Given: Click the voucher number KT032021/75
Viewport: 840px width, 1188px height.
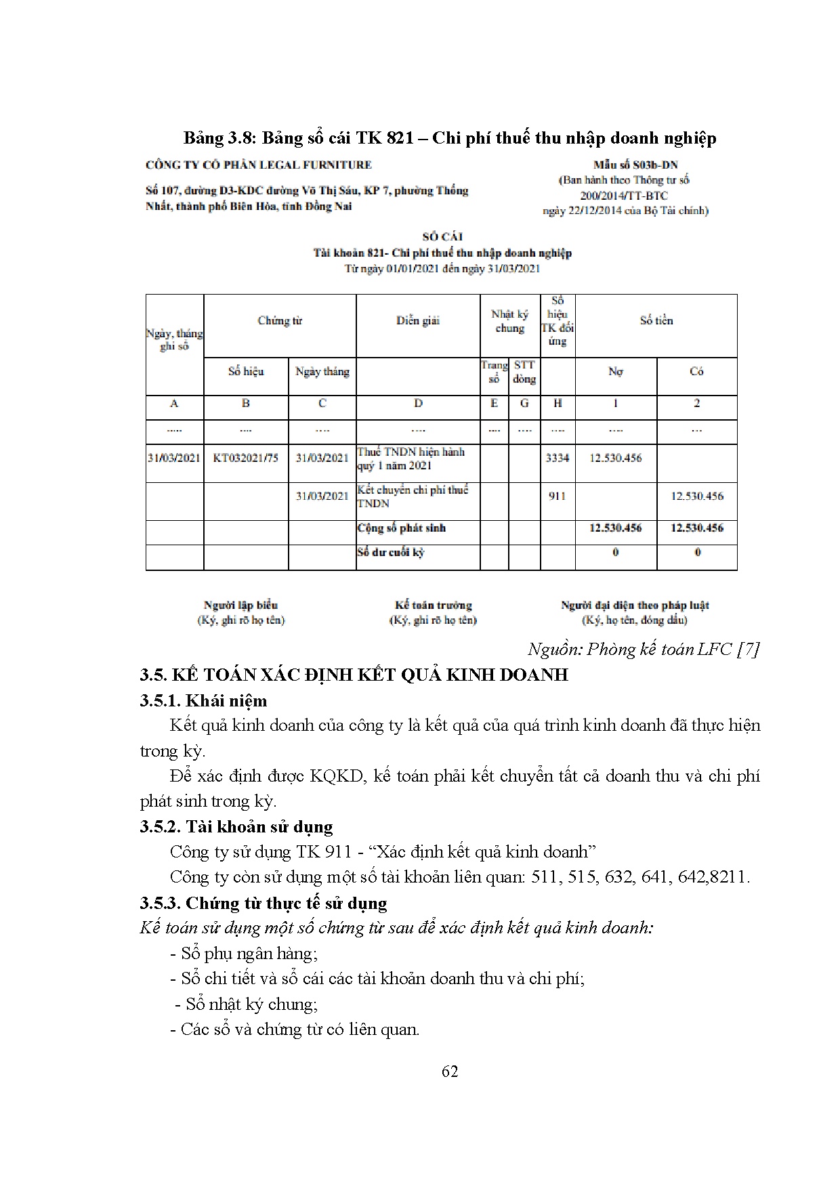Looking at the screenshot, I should click(x=245, y=458).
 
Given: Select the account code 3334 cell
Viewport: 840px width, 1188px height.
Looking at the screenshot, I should click(x=557, y=458).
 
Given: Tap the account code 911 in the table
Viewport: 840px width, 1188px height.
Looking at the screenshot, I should click(x=557, y=496).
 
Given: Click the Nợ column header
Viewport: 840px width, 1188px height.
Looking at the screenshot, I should click(x=615, y=372).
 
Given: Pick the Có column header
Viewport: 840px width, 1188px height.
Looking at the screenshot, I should click(x=696, y=372).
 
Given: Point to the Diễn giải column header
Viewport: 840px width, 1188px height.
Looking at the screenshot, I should click(x=418, y=321).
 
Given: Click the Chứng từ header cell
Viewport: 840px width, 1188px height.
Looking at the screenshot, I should click(x=279, y=321).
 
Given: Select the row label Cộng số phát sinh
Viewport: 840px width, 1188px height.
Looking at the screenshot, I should click(x=401, y=528).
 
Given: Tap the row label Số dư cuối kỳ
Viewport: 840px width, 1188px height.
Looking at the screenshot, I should click(x=391, y=553).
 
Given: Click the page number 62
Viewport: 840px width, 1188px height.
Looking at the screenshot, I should click(x=449, y=1071).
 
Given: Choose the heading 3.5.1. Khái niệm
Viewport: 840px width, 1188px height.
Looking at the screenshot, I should click(x=203, y=700).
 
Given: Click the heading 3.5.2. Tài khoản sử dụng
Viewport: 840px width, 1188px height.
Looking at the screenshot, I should click(x=236, y=826).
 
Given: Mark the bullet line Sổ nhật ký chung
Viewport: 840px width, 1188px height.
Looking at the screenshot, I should click(x=247, y=1004).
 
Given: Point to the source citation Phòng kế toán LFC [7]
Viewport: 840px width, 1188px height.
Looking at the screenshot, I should click(x=643, y=649).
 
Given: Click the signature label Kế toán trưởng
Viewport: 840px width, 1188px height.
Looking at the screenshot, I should click(x=433, y=606).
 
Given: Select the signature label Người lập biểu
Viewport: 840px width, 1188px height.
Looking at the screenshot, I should click(x=240, y=606).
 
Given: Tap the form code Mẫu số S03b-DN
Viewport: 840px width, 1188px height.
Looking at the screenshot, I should click(x=635, y=165).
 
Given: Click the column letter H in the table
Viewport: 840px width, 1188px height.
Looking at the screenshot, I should click(x=557, y=404).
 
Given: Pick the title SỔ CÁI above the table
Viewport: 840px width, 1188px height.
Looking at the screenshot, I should click(x=442, y=237).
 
